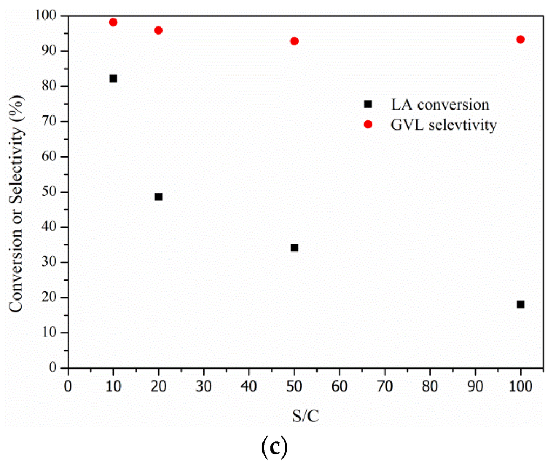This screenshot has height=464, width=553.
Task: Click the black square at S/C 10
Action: pos(113,78)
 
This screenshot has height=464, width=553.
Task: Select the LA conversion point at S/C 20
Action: pos(158,196)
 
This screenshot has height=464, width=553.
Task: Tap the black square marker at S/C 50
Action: pos(294,248)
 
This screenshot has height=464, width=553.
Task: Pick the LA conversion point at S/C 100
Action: pos(520,304)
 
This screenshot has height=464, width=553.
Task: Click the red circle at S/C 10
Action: pos(113,22)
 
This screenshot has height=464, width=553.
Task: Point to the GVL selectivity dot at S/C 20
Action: pos(158,30)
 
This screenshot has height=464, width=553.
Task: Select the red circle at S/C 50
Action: pos(294,41)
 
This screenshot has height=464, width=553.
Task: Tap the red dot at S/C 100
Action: pos(520,39)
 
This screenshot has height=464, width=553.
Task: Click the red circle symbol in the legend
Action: pos(368,125)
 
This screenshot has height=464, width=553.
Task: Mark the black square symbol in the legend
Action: pos(368,104)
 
